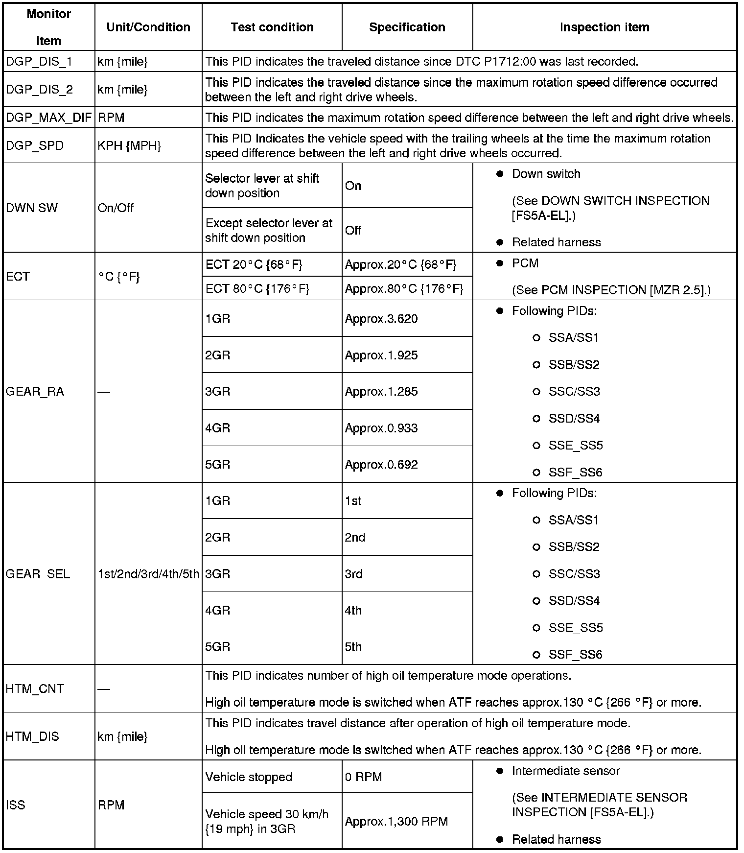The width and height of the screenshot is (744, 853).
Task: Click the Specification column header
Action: click(x=407, y=27)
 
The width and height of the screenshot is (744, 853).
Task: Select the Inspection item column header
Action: click(x=604, y=27)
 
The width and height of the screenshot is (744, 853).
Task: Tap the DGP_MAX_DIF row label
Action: click(x=48, y=118)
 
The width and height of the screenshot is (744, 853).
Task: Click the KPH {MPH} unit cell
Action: click(x=129, y=146)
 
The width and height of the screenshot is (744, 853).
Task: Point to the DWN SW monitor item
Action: click(x=31, y=208)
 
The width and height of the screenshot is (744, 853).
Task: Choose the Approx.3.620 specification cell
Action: click(x=381, y=319)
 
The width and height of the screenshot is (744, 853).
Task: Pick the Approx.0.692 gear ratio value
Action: click(x=381, y=465)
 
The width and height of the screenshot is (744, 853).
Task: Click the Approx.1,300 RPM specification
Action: click(x=396, y=821)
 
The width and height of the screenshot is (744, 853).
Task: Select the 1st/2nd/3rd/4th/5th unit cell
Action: click(x=148, y=574)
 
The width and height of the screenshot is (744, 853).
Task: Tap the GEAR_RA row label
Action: click(x=35, y=392)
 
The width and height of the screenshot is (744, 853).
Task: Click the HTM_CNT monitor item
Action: click(x=35, y=689)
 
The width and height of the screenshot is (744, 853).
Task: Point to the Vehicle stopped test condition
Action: click(x=249, y=777)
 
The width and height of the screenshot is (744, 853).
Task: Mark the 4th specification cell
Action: click(x=353, y=611)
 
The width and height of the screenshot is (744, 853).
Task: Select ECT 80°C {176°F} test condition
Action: click(x=257, y=289)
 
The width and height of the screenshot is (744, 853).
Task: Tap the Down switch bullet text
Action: click(x=546, y=174)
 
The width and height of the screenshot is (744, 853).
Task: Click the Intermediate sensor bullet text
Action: click(x=565, y=771)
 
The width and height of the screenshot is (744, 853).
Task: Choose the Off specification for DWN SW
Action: click(x=353, y=230)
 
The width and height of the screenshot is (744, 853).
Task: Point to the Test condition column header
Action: click(x=272, y=27)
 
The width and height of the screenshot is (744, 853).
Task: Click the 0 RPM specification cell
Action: click(x=363, y=777)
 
